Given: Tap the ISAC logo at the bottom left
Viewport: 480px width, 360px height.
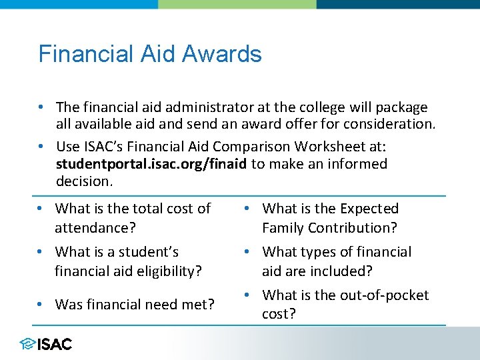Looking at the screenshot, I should (x=46, y=344).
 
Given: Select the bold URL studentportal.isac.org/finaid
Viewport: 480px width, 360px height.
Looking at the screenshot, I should (x=151, y=164).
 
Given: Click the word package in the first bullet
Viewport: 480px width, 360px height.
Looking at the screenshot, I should (x=401, y=107).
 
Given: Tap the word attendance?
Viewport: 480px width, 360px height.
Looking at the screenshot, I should (x=95, y=228).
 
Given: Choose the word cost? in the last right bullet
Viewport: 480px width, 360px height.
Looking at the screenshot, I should (x=279, y=314).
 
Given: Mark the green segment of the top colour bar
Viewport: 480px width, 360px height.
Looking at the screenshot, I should (x=237, y=4).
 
